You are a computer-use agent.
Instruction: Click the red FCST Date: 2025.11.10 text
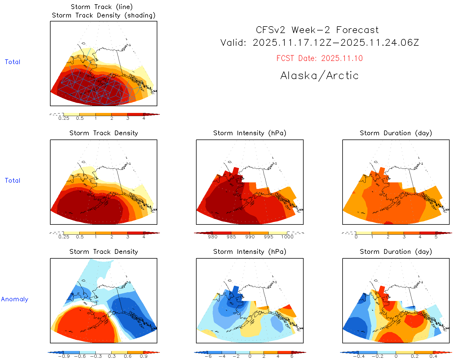(x=319, y=58)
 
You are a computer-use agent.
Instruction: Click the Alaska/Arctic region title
(x=319, y=76)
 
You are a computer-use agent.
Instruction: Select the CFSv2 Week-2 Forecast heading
(x=317, y=30)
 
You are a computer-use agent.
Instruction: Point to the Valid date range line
(x=319, y=43)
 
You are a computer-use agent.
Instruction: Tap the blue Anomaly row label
(x=15, y=299)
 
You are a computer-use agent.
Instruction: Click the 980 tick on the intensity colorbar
(x=213, y=237)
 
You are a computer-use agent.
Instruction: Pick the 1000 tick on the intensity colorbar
(x=287, y=237)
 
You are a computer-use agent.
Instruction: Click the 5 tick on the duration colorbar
(x=436, y=237)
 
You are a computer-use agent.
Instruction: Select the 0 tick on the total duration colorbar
(x=356, y=237)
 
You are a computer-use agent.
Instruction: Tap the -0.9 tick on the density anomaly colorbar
(x=64, y=356)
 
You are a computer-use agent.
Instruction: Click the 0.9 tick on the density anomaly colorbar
(x=144, y=356)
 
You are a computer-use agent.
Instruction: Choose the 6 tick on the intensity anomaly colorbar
(x=292, y=356)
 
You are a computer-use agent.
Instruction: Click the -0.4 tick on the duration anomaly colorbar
(x=359, y=356)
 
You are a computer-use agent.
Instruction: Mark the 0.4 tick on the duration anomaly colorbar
(x=433, y=356)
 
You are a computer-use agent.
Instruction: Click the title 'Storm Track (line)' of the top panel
(x=102, y=7)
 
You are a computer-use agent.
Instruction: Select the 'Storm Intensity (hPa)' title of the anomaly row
(x=250, y=252)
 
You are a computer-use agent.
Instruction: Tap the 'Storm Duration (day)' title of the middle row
(x=396, y=133)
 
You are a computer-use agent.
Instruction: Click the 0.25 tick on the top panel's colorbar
(x=64, y=118)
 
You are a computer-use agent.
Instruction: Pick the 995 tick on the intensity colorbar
(x=269, y=237)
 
